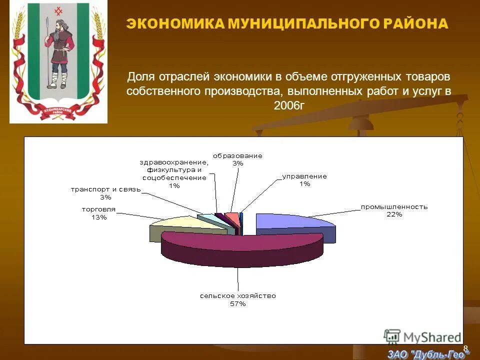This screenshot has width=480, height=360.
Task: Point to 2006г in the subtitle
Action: point(288,105)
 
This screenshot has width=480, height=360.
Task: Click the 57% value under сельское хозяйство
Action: point(237,304)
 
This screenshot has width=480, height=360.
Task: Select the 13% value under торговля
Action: point(98,217)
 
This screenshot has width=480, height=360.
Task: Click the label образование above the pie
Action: point(237,155)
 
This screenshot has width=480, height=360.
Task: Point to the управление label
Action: point(304,176)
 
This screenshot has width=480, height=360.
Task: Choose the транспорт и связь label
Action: point(106,189)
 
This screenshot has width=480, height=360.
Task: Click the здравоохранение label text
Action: point(173,162)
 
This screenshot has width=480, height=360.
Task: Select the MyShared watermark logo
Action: point(422,336)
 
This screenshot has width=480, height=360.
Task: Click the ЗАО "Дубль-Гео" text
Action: point(428,354)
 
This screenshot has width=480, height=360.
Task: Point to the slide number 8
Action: point(465,347)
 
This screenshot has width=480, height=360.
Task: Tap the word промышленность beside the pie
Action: point(394,206)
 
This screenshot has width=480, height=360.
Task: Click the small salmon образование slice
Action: point(232,217)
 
